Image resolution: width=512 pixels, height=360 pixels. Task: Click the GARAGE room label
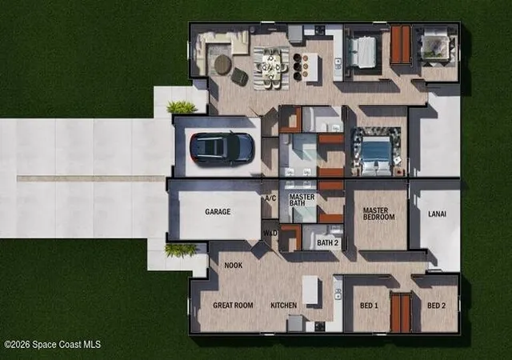pos(218,212)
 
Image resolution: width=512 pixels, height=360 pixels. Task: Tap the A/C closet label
pos(270,198)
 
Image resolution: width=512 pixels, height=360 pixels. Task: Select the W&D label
pos(270,234)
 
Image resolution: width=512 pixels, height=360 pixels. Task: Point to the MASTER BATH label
pos(302,200)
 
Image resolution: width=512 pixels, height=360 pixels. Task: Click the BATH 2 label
pos(327,242)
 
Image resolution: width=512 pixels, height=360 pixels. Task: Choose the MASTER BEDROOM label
pos(378,214)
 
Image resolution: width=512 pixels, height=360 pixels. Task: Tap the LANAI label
pos(438,214)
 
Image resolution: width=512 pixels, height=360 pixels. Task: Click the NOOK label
pos(234,266)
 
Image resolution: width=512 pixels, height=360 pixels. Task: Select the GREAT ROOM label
pos(233,306)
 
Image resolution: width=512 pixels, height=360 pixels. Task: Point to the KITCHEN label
pos(284,306)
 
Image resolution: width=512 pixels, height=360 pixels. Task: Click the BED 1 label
pos(369,306)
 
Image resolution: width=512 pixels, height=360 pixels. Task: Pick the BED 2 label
pos(437,306)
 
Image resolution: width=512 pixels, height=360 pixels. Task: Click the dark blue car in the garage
pos(222,148)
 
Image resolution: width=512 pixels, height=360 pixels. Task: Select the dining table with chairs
pos(271,68)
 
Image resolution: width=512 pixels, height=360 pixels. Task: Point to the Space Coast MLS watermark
pos(53,344)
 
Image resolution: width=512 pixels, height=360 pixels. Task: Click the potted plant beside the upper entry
pos(182,107)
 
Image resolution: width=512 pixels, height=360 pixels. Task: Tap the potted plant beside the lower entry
pos(180,250)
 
